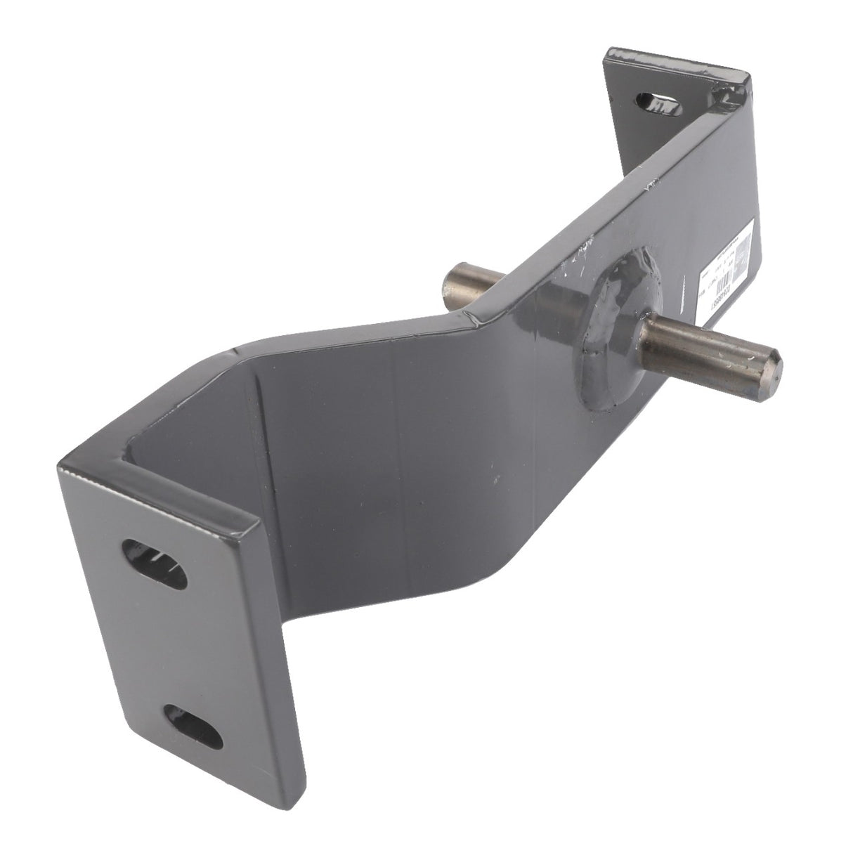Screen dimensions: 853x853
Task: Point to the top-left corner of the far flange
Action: tap(606, 52)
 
